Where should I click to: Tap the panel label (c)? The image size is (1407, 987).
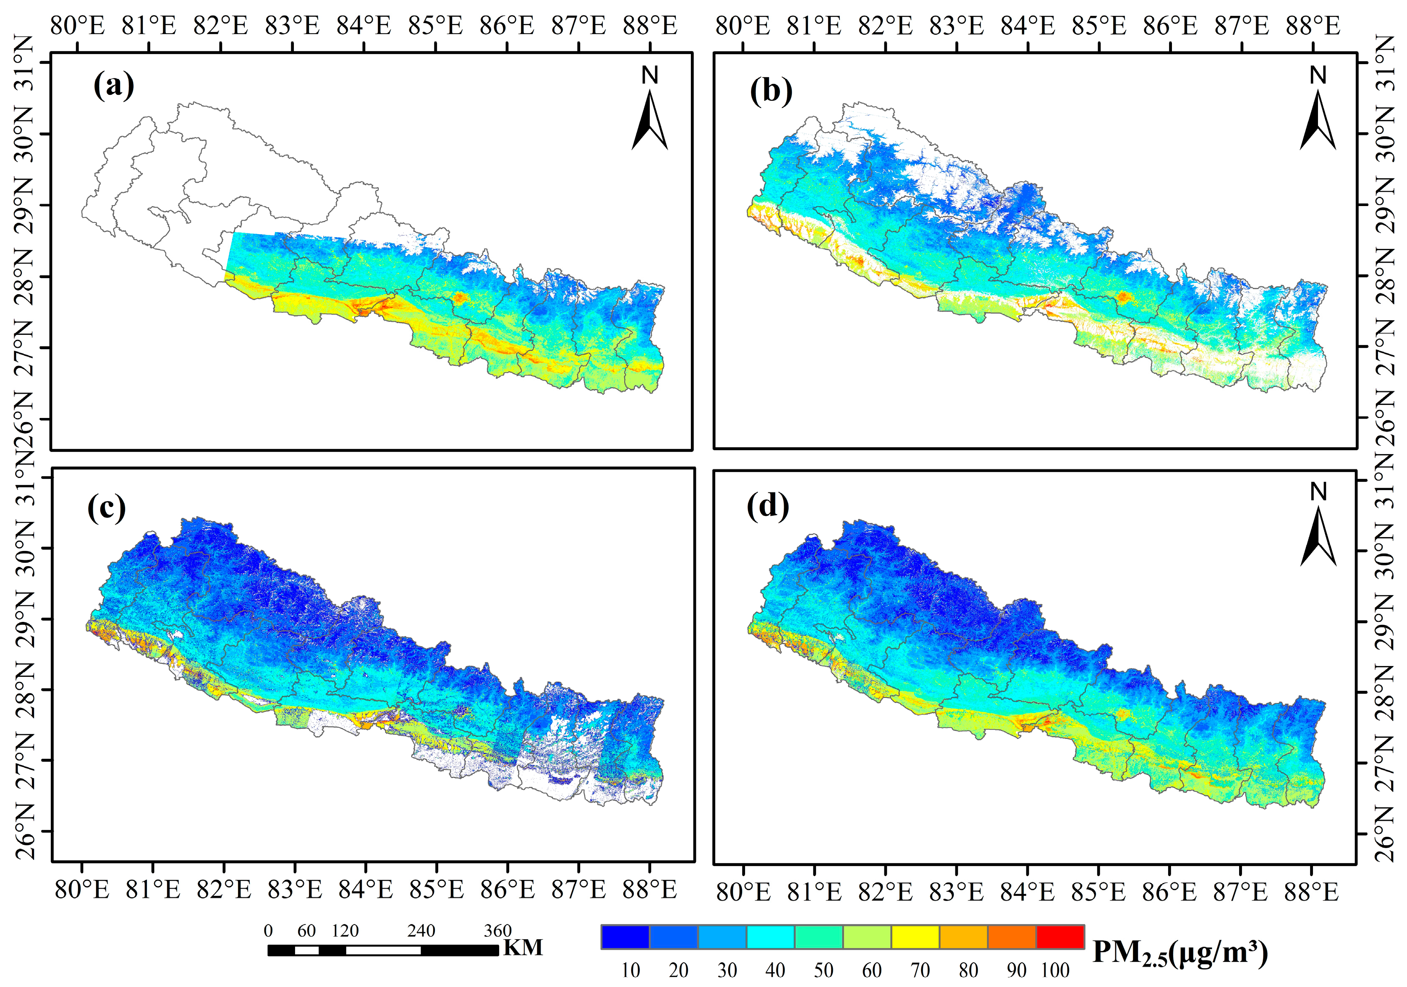[107, 508]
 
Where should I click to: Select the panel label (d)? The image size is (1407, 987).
[768, 506]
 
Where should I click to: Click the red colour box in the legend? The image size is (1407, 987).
[1059, 937]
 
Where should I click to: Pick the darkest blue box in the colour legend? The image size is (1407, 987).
[625, 937]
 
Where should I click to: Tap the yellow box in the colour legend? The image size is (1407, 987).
[915, 937]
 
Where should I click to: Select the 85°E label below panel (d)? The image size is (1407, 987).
[1098, 892]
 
